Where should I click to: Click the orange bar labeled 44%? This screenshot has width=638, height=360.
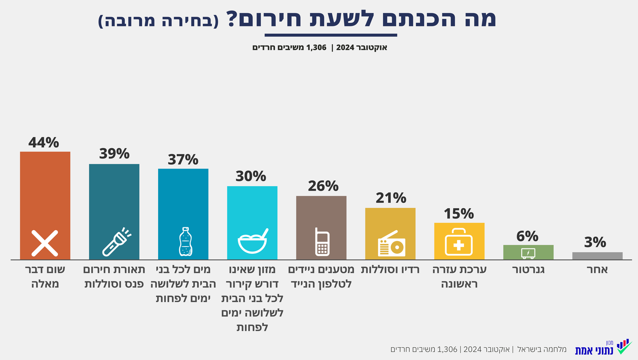click(x=45, y=191)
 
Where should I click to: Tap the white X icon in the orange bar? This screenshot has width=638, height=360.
click(x=45, y=243)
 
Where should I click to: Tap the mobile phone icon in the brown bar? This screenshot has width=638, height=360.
click(x=322, y=242)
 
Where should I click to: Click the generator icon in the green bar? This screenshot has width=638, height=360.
click(x=528, y=252)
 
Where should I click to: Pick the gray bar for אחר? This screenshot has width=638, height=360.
click(x=597, y=256)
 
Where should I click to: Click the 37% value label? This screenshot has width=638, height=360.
click(x=183, y=159)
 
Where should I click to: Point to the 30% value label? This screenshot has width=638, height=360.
click(x=251, y=176)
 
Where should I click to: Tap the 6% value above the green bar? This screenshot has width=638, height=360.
click(x=527, y=236)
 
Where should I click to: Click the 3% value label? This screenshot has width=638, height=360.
click(x=595, y=242)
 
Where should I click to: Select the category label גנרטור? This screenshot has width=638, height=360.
click(x=529, y=270)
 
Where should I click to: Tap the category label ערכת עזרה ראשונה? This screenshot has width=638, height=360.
click(x=459, y=277)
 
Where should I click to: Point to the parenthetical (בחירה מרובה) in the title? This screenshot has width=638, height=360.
click(x=158, y=21)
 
